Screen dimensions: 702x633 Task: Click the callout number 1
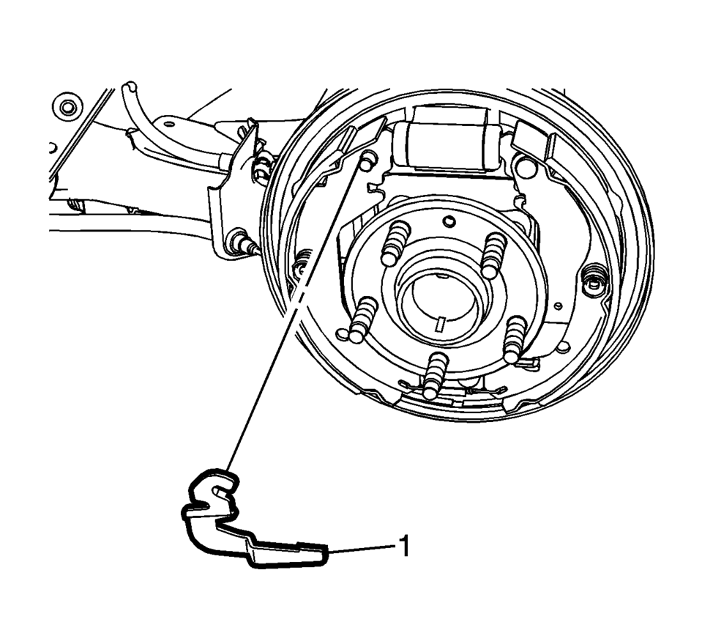405,546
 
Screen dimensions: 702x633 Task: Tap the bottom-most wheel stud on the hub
433,375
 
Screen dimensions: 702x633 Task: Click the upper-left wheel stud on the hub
395,244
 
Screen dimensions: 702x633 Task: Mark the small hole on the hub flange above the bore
450,221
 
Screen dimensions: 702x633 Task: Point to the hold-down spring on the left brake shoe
302,264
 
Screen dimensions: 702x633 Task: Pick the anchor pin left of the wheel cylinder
367,160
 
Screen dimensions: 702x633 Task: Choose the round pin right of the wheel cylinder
525,164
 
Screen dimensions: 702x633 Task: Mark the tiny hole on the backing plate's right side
557,306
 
